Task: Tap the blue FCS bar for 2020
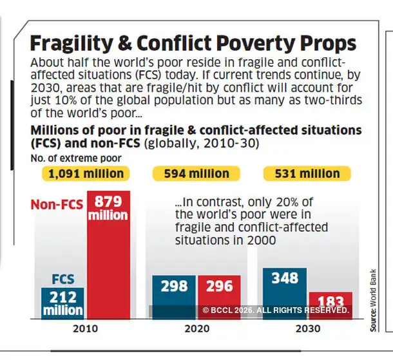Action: (x=173, y=296)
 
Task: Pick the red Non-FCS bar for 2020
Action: (x=219, y=296)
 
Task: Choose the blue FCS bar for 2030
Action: (x=285, y=293)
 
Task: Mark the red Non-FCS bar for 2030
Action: (x=331, y=305)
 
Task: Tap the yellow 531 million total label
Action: (x=307, y=174)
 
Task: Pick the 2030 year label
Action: (x=307, y=327)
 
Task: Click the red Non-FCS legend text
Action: (x=56, y=205)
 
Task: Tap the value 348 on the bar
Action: (x=285, y=278)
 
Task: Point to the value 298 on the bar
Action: (x=174, y=285)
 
